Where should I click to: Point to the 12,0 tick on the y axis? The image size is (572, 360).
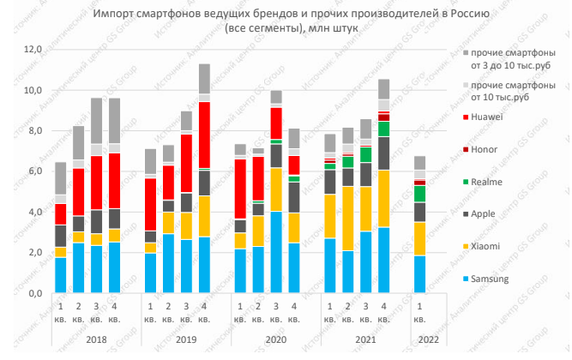pyautogui.click(x=32, y=50)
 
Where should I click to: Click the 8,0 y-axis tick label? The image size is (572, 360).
pyautogui.click(x=32, y=131)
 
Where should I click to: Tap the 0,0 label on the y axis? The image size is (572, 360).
pyautogui.click(x=32, y=294)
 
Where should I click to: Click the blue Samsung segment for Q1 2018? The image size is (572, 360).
pyautogui.click(x=61, y=275)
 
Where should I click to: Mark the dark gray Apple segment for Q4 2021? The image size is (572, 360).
pyautogui.click(x=384, y=153)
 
